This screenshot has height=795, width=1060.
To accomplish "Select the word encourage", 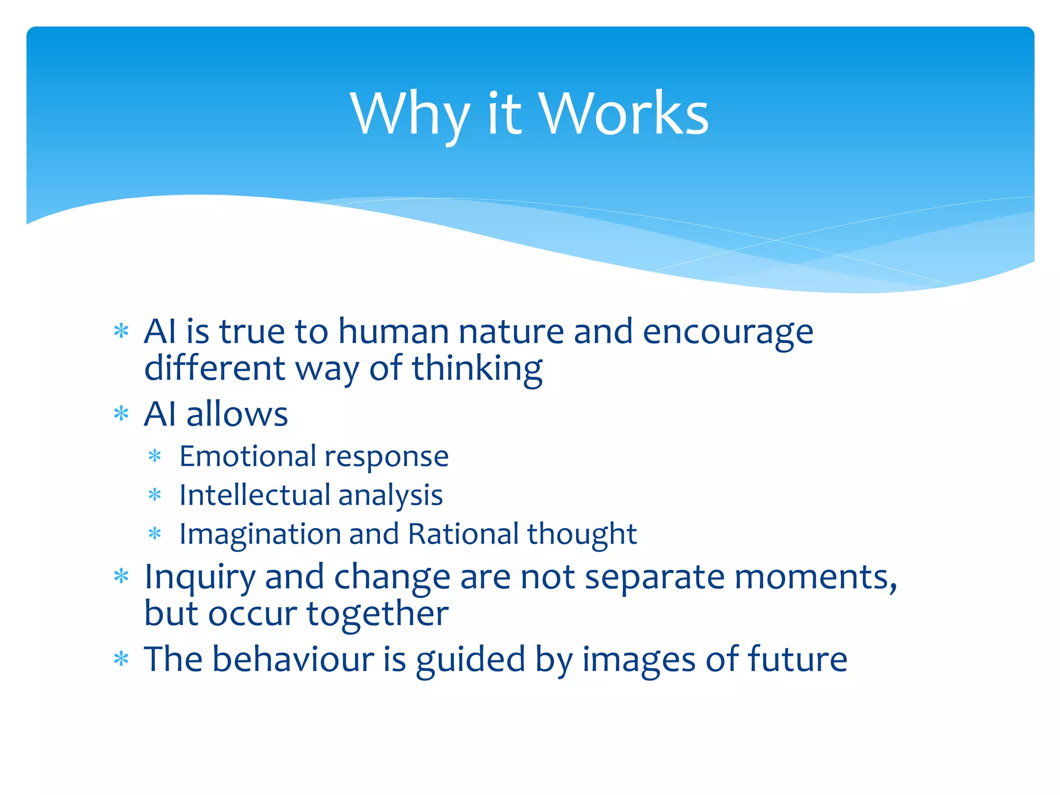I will point(728,332).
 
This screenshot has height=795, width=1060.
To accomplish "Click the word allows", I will point(237,414).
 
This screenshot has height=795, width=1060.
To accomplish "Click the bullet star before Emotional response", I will point(155,456).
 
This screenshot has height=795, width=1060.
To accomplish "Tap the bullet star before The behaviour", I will point(121,659).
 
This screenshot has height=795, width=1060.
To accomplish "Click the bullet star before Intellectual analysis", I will point(155,495).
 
